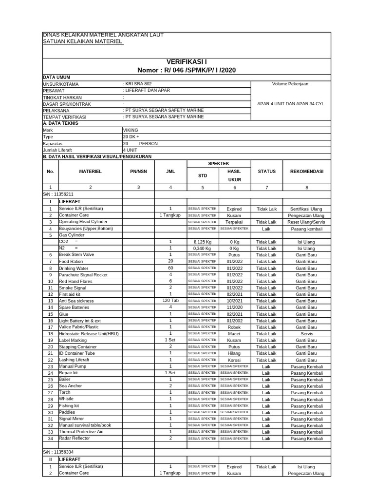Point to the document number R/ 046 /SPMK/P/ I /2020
pyautogui.click(x=187, y=71)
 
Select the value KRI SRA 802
pyautogui.click(x=139, y=84)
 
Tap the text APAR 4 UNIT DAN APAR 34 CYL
pyautogui.click(x=291, y=104)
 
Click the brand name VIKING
pyautogui.click(x=131, y=131)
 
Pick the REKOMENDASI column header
pyautogui.click(x=306, y=172)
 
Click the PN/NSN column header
pyautogui.click(x=138, y=172)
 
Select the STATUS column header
pyautogui.click(x=266, y=172)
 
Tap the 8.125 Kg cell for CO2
pyautogui.click(x=202, y=242)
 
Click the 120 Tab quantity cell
pyautogui.click(x=170, y=301)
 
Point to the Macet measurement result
pyautogui.click(x=234, y=334)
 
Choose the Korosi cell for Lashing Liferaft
pyautogui.click(x=234, y=360)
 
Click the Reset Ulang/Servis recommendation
pyautogui.click(x=306, y=222)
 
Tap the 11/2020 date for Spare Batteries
pyautogui.click(x=234, y=307)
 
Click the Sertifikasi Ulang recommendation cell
pyautogui.click(x=306, y=209)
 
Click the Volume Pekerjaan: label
pyautogui.click(x=291, y=84)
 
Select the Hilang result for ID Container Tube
pyautogui.click(x=234, y=353)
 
